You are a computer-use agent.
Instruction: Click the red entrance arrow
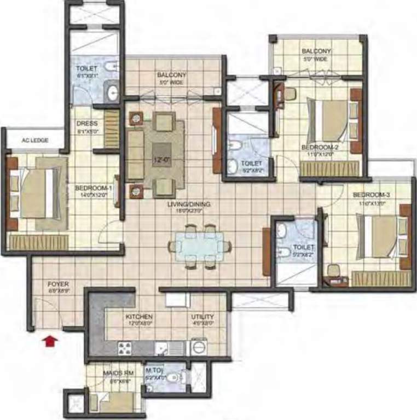(50, 341)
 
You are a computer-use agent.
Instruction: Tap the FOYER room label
(57, 284)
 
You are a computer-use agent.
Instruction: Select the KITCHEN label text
(139, 317)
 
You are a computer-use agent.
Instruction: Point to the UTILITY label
(202, 317)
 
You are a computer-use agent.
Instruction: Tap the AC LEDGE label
(35, 141)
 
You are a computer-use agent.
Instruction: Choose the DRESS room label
(87, 124)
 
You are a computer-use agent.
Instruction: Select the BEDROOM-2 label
(320, 147)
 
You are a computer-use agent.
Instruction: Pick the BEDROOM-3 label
(372, 195)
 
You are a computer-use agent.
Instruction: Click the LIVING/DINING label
(189, 205)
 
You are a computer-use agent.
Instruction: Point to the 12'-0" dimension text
(160, 160)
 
